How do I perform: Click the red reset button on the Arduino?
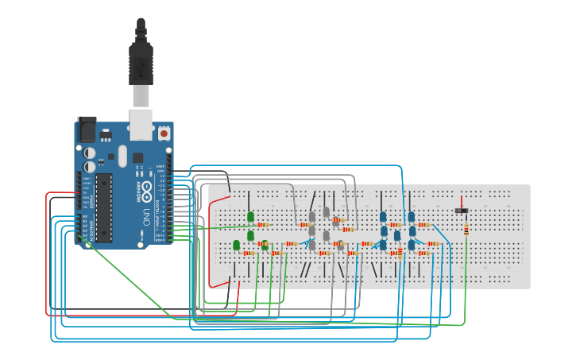164,134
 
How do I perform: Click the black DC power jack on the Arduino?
87,130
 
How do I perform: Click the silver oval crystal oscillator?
122,155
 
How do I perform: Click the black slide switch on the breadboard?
461,210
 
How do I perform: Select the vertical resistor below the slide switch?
466,230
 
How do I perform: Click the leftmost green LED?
237,245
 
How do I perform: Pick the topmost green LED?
250,216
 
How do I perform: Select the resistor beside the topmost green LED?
264,225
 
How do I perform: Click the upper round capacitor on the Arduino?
91,152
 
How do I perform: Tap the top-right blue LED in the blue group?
412,216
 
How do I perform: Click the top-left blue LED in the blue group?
383,216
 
